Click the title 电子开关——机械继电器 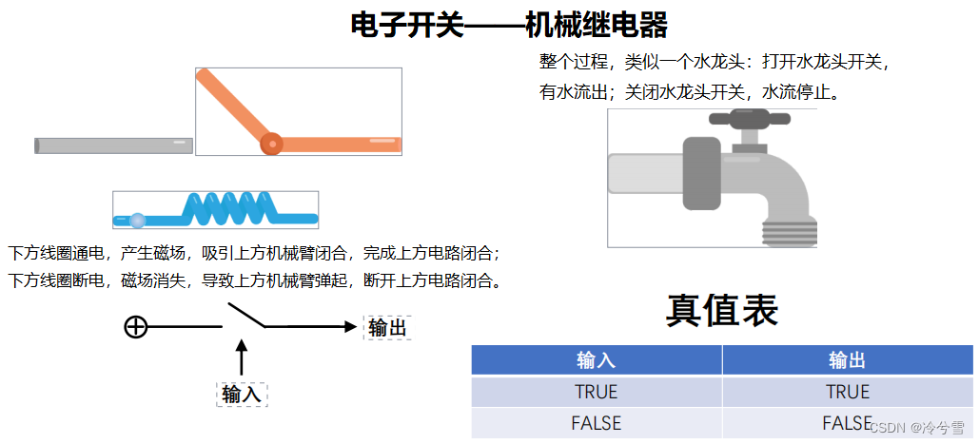pos(509,25)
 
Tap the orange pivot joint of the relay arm pos(271,143)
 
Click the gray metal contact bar pos(114,145)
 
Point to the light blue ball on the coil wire pos(137,221)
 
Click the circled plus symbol pos(136,327)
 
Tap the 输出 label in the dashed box pos(387,328)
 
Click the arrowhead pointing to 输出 pos(346,327)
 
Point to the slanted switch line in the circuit pos(245,316)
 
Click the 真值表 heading pos(722,310)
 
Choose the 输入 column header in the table pos(597,360)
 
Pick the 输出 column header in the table pos(848,360)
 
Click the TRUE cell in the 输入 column pos(597,392)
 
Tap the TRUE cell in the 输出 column pos(848,392)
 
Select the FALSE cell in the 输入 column pos(597,423)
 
